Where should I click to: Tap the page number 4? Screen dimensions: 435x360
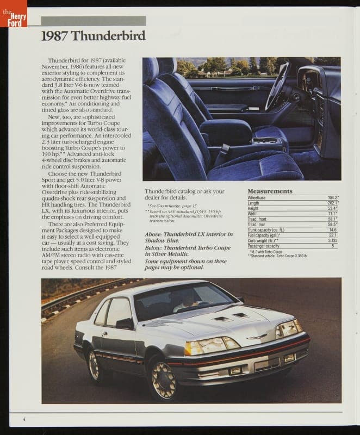coord(24,418)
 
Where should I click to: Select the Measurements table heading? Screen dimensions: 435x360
coord(270,191)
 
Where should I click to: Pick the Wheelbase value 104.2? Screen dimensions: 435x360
coord(332,197)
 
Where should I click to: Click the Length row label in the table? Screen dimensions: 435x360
coord(253,203)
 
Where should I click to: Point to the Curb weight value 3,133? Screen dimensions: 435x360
coord(332,240)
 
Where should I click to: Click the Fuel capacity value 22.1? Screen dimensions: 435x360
coord(332,235)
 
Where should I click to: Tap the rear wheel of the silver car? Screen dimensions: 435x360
coord(94,365)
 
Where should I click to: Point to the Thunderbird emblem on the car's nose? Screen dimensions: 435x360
coord(256,337)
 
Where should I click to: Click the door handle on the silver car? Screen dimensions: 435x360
coord(104,334)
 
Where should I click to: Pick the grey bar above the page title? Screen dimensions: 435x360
coord(93,21)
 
